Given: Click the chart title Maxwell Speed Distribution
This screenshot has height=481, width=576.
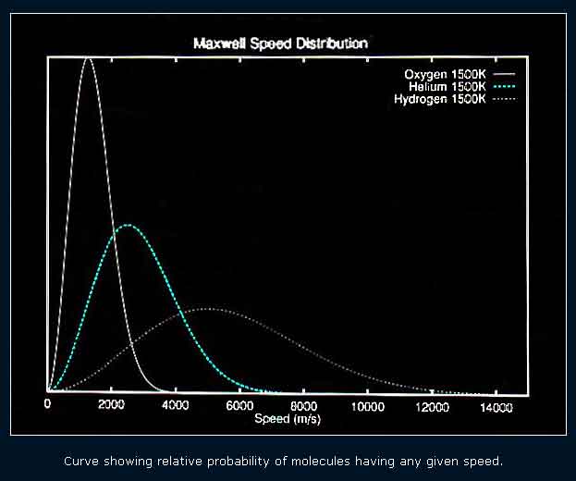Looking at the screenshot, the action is (x=281, y=43).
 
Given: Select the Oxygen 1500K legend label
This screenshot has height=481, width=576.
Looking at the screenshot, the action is (x=445, y=75).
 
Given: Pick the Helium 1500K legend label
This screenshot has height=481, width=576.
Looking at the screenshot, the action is (x=447, y=87).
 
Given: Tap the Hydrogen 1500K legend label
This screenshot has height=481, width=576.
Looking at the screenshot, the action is (x=440, y=99).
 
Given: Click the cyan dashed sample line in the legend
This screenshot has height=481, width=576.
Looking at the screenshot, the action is (x=504, y=87).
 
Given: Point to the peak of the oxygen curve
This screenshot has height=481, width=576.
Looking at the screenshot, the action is (x=88, y=58).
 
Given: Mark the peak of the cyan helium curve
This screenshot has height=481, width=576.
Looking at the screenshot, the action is (x=128, y=225).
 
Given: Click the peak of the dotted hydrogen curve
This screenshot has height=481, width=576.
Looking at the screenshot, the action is (x=204, y=309).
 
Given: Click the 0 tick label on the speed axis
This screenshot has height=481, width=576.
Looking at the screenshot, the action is (x=47, y=404).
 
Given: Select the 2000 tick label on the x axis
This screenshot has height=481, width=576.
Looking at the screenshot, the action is (x=111, y=404).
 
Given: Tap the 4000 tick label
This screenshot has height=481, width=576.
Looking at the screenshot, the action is (x=176, y=405).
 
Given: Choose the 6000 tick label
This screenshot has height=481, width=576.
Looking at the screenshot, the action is (x=239, y=406).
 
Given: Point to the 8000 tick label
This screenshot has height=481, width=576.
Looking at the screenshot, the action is (x=304, y=406).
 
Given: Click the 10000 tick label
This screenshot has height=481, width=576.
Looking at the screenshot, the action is (x=368, y=407).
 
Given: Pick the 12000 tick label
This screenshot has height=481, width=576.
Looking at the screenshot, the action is (x=432, y=407).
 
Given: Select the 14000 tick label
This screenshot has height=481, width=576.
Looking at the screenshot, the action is (x=496, y=408).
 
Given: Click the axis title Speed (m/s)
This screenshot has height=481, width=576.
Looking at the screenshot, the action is (x=288, y=419).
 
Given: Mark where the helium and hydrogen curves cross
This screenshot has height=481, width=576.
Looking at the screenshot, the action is (x=181, y=313).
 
